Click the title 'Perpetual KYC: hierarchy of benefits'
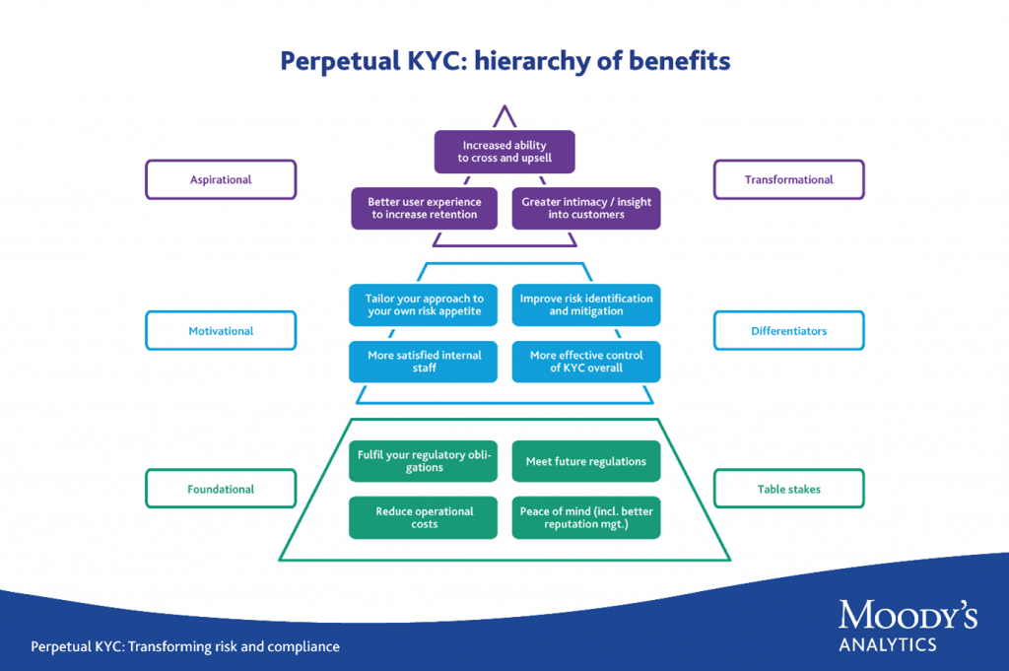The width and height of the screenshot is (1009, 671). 504,61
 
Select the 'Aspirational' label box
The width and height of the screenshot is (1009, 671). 221,180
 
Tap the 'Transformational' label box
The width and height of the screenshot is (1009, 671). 788,180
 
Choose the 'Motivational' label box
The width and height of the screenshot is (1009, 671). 221,331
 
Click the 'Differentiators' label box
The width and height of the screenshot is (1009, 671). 788,331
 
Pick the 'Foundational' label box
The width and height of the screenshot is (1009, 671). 221,489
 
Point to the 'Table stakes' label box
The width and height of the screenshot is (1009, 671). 788,489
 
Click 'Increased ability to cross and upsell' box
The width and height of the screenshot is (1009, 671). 504,152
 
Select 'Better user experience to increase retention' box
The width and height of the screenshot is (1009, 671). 425,208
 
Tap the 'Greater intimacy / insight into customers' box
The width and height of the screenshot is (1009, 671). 586,208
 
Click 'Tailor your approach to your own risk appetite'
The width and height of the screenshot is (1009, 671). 424,304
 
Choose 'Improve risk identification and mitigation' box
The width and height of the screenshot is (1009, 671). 586,304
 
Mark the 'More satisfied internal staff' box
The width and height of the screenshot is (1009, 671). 424,362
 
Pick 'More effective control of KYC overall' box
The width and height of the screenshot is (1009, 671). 586,362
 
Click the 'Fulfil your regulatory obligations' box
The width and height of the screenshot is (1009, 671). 424,461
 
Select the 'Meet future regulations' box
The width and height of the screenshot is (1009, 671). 586,461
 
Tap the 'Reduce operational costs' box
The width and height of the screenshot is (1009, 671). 424,518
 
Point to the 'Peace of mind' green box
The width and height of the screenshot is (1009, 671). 586,518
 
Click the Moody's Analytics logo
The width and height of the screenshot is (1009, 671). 908,627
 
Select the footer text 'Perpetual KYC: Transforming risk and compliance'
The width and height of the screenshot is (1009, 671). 185,647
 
